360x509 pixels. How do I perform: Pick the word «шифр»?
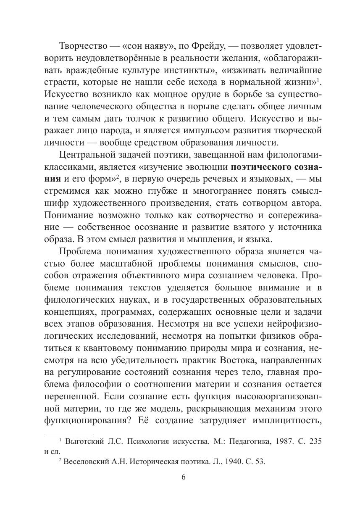[x=56, y=203]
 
